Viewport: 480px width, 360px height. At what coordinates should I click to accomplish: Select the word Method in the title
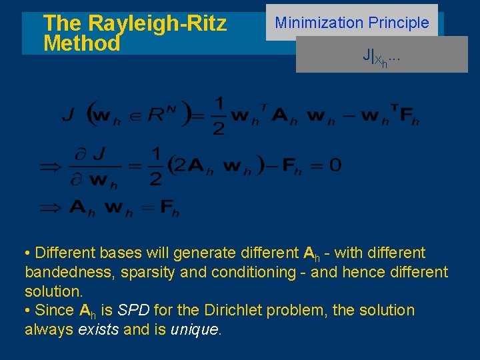(x=81, y=44)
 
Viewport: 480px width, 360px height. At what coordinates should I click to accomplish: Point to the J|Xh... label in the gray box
(x=381, y=57)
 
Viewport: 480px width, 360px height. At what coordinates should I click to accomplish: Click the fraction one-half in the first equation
(x=218, y=115)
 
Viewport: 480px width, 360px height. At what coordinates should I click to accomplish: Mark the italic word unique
(x=195, y=329)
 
